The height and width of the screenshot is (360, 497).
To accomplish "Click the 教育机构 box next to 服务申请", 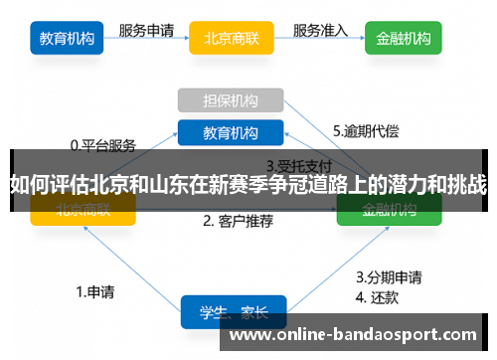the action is point(68,41).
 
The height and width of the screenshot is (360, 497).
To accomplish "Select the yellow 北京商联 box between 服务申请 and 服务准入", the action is point(232,41).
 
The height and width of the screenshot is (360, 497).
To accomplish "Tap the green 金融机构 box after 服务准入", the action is point(404,41).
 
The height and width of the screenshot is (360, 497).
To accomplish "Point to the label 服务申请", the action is point(148,30).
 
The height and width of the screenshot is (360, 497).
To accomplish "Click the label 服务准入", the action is point(319,30).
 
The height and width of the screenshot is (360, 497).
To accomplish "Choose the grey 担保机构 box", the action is point(231,100).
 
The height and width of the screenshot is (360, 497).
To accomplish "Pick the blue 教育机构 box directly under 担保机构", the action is point(231,132).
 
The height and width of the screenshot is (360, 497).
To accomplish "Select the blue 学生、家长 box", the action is point(233,311).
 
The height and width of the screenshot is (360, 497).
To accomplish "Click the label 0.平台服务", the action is point(102,145).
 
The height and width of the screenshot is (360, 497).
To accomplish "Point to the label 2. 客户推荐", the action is point(239,221).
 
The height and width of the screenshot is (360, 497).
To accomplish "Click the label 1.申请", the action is point(94,292).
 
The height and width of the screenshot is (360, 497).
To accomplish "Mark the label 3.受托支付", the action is point(298,165).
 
